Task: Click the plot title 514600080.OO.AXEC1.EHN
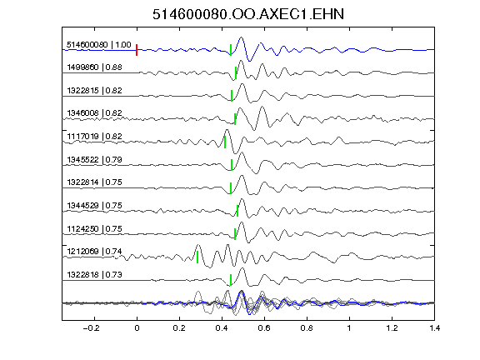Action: pos(248,14)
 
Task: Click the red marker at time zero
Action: pos(137,50)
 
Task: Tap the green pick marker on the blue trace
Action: pos(231,50)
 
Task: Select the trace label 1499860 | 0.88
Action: pos(94,67)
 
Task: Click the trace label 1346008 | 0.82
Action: pos(94,113)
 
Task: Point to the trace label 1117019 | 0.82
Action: pos(94,136)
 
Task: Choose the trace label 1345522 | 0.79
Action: pos(94,159)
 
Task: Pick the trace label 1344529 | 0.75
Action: pos(94,205)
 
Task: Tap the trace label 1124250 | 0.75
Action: pos(94,228)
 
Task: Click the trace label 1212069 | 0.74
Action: pos(94,252)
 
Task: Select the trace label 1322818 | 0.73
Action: pos(94,275)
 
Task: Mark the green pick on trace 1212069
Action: pos(197,257)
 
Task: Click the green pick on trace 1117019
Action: pos(225,142)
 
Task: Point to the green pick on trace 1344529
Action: pos(237,211)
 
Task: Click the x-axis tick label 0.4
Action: pos(222,328)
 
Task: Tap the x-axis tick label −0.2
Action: pos(91,328)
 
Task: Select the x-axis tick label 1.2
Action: pos(392,328)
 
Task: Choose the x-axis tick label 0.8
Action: pos(307,328)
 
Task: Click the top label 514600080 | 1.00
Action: pos(99,45)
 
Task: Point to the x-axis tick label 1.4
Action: pos(434,328)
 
